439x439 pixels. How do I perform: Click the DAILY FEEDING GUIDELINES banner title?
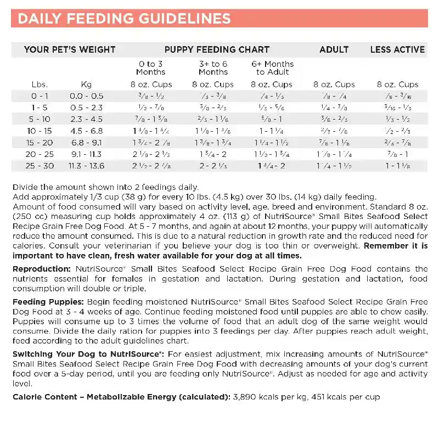click(124, 19)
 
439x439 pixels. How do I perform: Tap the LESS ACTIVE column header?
click(397, 49)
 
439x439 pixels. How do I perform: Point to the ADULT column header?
click(334, 49)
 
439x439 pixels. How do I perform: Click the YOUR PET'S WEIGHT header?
click(70, 49)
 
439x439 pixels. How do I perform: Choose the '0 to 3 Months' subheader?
click(151, 68)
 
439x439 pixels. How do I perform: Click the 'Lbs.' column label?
click(40, 85)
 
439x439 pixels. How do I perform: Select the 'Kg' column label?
click(86, 85)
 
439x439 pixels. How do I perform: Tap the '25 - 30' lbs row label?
click(40, 165)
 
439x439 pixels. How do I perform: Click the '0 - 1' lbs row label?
click(40, 95)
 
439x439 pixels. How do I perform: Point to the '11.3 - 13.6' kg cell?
click(86, 165)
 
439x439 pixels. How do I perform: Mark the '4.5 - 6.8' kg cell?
click(86, 131)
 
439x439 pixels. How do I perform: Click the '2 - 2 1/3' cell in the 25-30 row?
click(213, 165)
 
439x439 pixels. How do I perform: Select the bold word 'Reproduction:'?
click(42, 269)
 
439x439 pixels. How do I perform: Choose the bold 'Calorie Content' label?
click(44, 397)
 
